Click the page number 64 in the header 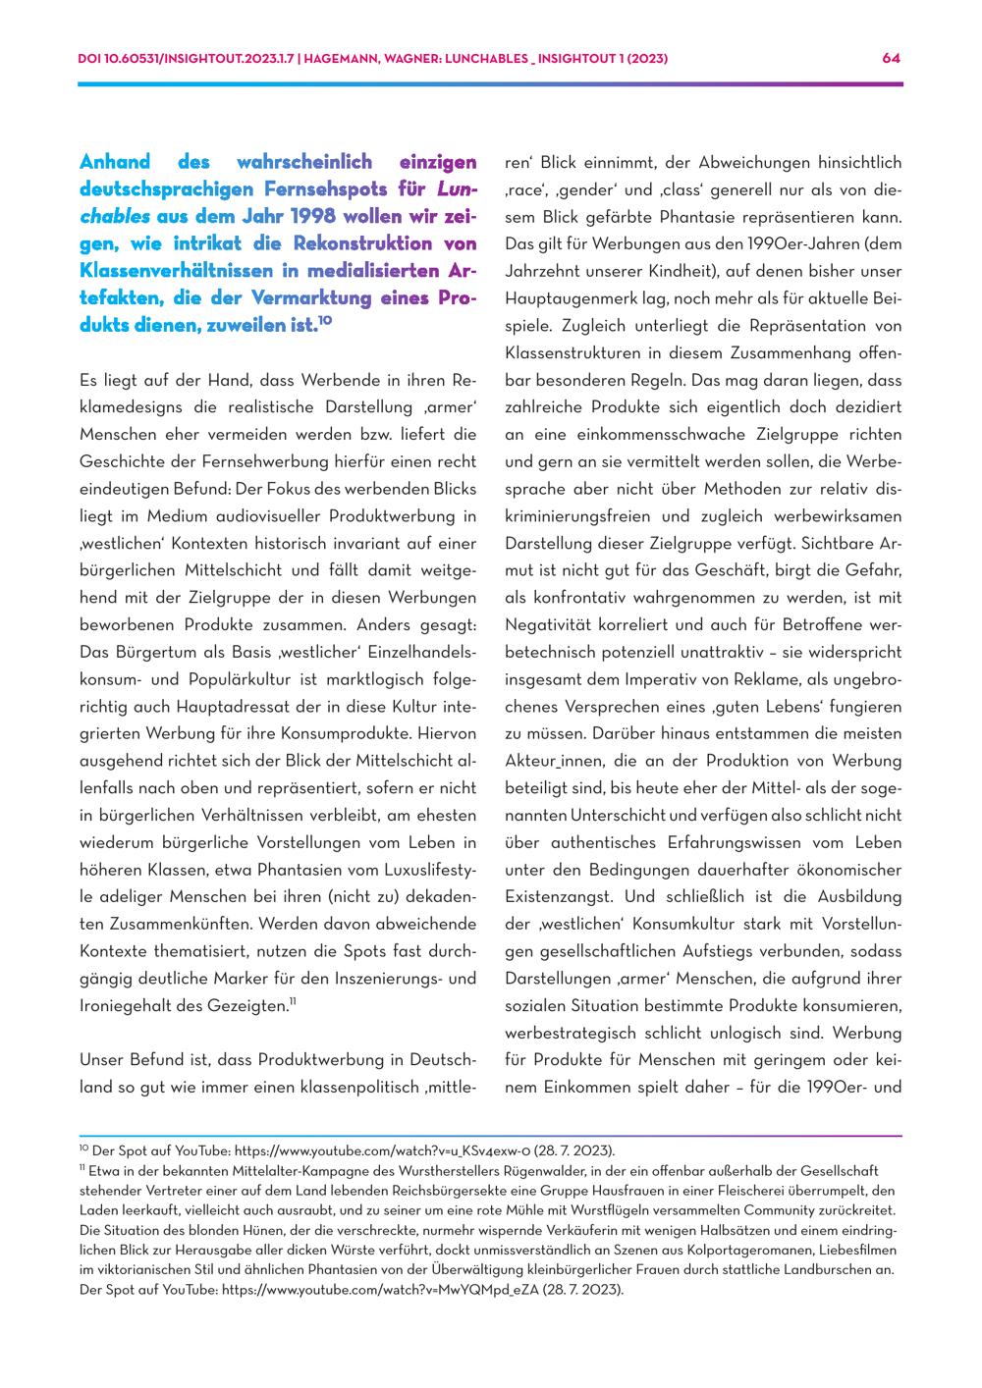[x=892, y=58]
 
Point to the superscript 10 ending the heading [x=325, y=320]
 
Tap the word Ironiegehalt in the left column [x=123, y=1005]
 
